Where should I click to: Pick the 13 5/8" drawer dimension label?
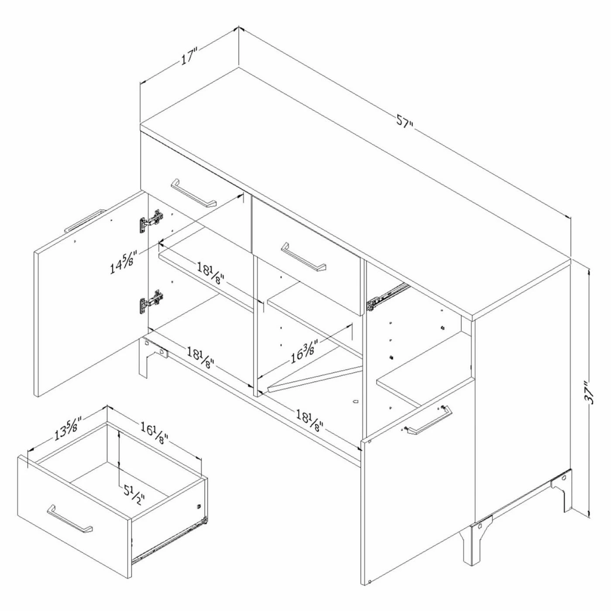pos(68,429)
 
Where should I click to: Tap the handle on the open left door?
pos(84,221)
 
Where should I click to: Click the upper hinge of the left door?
pos(151,220)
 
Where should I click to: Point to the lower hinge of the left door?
pos(151,302)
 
